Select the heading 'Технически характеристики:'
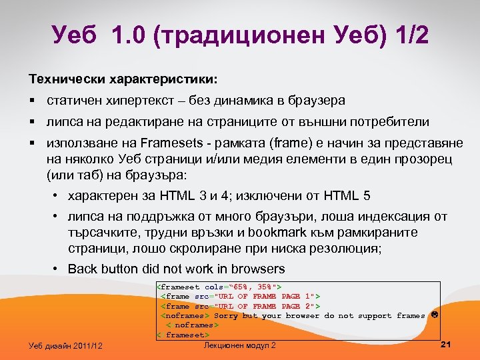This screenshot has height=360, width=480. pyautogui.click(x=122, y=79)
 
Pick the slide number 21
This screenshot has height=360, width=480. pyautogui.click(x=447, y=344)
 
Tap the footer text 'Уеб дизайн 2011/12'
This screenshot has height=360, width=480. pyautogui.click(x=66, y=345)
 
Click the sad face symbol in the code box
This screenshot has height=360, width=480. pyautogui.click(x=434, y=315)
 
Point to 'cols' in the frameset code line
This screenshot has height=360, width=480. pyautogui.click(x=215, y=287)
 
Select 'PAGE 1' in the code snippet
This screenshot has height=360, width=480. pyautogui.click(x=297, y=296)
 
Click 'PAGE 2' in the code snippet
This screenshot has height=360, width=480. pyautogui.click(x=297, y=305)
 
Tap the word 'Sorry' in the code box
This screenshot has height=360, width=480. pyautogui.click(x=226, y=315)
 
